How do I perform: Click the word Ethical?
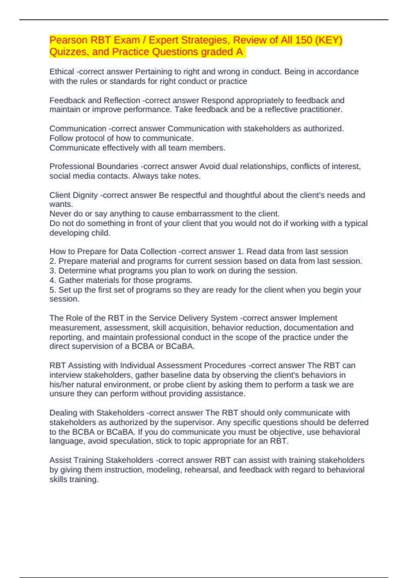62,72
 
